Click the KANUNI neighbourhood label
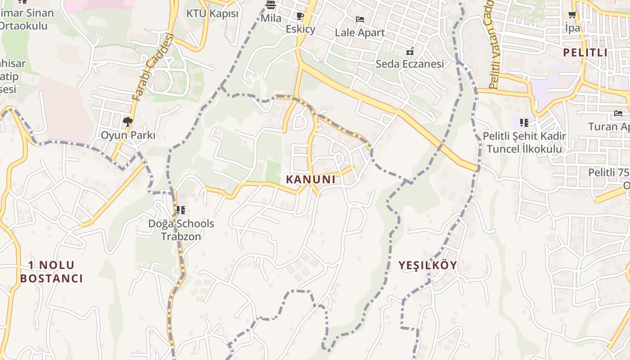(311, 179)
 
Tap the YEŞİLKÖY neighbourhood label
(427, 265)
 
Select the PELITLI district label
(585, 52)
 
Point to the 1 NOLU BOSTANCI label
(51, 271)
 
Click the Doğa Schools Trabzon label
(181, 229)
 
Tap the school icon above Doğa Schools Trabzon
(181, 210)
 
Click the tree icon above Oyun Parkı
(128, 121)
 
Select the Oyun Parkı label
(128, 135)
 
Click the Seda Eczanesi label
(409, 64)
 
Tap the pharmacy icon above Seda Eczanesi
(409, 51)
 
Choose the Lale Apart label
(360, 32)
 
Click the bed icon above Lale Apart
(360, 19)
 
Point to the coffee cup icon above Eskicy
(300, 16)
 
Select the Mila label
(271, 18)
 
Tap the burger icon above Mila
(271, 5)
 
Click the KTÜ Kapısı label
(212, 13)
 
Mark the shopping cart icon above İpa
(572, 15)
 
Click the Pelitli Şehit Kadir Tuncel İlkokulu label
(524, 142)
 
